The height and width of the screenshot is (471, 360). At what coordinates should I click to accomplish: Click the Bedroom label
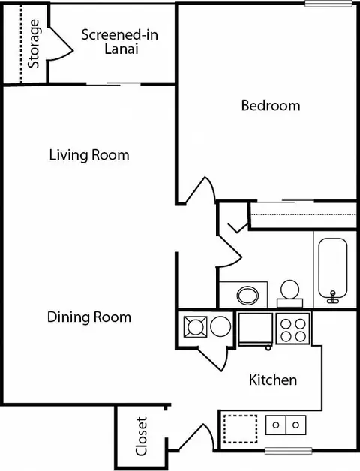[x=271, y=106]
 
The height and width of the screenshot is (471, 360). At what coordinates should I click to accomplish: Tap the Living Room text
[x=89, y=155]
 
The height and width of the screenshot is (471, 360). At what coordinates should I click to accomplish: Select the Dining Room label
[x=89, y=317]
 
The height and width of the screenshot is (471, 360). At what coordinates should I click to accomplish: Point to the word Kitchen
[x=273, y=379]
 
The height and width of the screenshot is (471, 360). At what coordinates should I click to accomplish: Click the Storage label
[x=34, y=43]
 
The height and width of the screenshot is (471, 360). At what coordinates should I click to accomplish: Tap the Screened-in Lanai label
[x=120, y=42]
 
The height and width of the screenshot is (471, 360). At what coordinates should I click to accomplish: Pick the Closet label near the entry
[x=141, y=436]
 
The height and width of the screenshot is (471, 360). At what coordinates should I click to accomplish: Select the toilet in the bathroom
[x=290, y=294]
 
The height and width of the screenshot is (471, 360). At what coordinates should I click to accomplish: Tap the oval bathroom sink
[x=247, y=295]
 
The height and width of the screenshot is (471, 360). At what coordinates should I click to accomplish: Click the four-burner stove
[x=293, y=328]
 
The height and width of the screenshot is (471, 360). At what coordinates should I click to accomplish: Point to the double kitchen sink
[x=286, y=424]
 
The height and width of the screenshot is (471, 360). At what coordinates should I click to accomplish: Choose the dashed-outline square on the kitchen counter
[x=241, y=429]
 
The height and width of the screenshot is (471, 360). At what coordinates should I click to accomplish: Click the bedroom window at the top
[x=328, y=3]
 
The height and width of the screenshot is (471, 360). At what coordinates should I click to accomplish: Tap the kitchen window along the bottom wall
[x=288, y=450]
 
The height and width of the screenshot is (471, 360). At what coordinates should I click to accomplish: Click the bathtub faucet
[x=333, y=297]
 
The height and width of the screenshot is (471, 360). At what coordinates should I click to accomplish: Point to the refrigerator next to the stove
[x=256, y=329]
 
